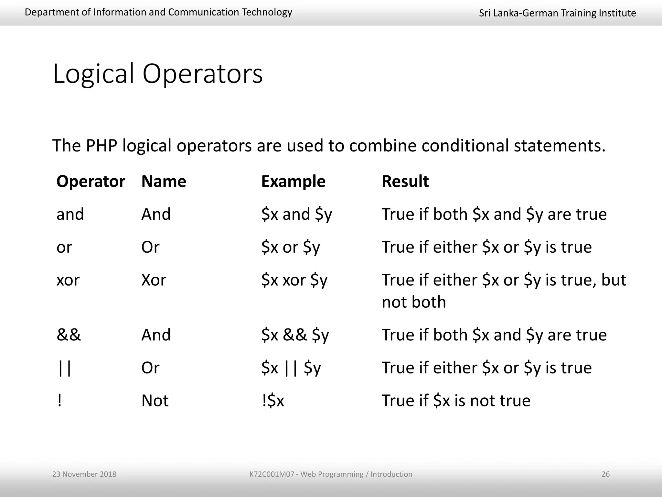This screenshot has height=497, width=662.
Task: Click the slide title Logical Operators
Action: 158,74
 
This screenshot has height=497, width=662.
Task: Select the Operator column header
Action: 91,181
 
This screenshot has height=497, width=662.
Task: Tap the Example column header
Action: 293,181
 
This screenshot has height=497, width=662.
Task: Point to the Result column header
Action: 405,181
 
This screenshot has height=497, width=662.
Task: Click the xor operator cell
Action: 68,280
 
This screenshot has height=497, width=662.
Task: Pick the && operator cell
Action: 69,335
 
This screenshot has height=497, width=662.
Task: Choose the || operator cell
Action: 64,368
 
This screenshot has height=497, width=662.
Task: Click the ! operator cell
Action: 59,401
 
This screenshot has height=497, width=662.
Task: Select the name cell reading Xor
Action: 154,280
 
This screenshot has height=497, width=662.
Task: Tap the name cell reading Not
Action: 155,401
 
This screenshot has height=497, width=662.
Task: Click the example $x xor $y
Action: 294,280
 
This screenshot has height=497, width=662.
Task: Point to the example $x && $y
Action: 295,335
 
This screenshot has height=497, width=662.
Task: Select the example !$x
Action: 272,401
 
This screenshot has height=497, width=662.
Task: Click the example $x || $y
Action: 291,368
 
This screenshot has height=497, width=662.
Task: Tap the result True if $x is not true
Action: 456,401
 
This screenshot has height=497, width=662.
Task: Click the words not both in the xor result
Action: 413,302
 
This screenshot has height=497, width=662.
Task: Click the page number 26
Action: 605,474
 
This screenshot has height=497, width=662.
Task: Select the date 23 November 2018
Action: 84,474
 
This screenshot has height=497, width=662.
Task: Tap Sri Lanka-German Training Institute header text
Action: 557,13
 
